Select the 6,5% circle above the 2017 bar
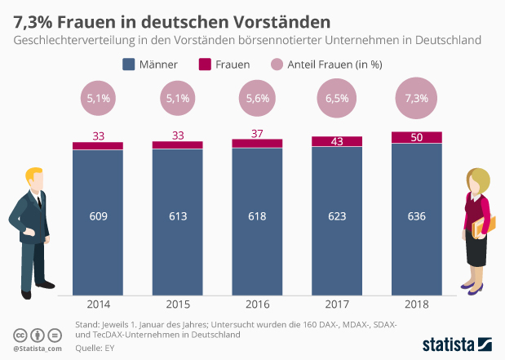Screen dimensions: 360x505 click(x=337, y=98)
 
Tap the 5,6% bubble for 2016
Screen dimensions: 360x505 click(x=257, y=98)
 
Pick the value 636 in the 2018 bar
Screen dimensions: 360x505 click(x=417, y=216)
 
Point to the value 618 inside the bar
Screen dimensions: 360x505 click(x=257, y=216)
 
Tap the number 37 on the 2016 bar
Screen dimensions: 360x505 click(x=257, y=132)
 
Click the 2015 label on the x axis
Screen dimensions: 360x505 click(x=177, y=304)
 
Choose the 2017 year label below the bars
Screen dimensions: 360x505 click(x=337, y=304)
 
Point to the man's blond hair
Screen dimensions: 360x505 click(x=34, y=173)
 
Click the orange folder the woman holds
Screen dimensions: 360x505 click(x=477, y=230)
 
